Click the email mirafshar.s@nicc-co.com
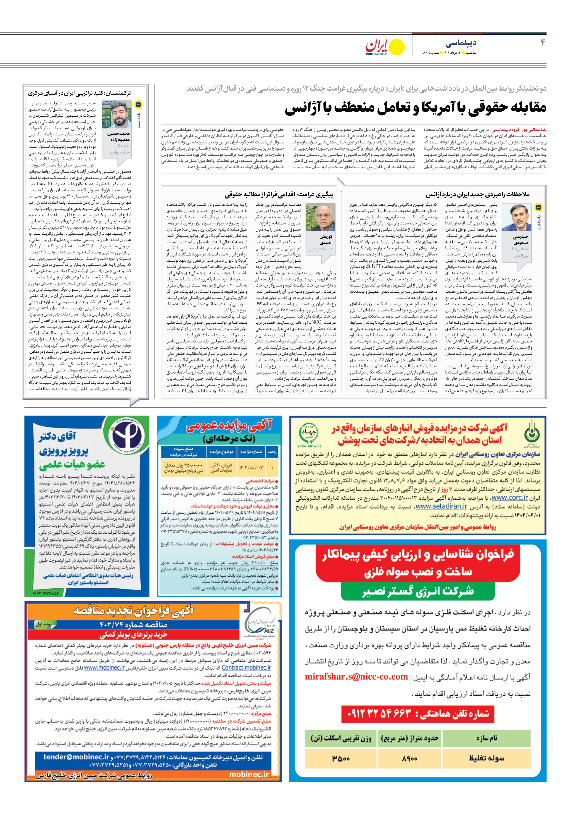[x=356, y=676]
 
